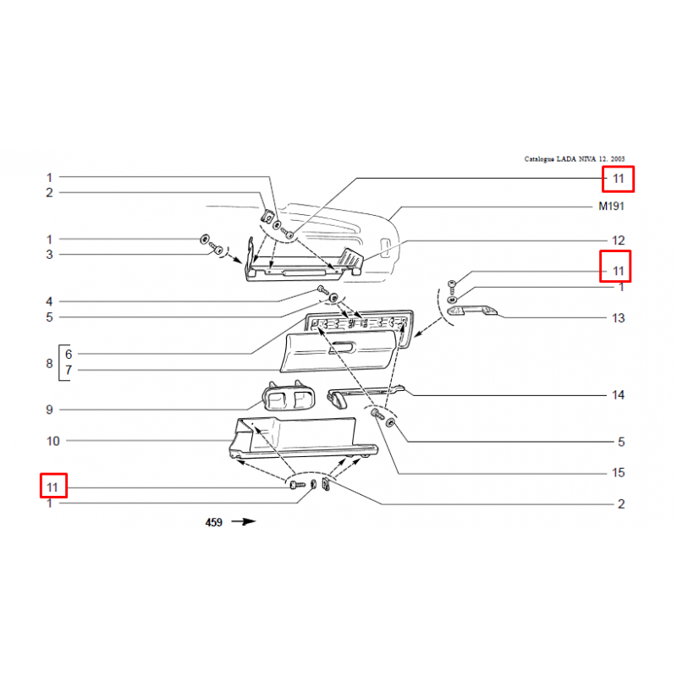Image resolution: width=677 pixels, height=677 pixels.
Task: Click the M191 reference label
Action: point(611,206)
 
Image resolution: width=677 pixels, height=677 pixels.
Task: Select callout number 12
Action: point(619,240)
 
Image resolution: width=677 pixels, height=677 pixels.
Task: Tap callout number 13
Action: point(619,318)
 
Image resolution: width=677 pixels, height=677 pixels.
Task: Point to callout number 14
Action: point(619,395)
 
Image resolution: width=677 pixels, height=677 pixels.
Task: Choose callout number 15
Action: point(619,473)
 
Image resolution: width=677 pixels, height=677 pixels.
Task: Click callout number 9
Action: point(50,410)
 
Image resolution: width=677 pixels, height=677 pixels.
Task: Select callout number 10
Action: point(52,441)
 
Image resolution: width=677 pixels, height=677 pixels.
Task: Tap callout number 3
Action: point(50,255)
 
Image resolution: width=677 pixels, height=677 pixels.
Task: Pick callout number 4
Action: point(50,301)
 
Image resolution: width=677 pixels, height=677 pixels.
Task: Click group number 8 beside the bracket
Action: point(50,364)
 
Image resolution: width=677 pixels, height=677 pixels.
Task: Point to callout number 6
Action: point(69,355)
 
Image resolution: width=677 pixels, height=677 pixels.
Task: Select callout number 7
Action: point(69,370)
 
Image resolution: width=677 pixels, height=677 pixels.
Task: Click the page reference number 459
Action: point(214,522)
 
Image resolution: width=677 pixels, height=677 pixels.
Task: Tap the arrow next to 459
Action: point(244,521)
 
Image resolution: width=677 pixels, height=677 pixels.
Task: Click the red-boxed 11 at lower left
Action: point(52,487)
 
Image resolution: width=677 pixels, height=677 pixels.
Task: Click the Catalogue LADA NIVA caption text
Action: point(575,159)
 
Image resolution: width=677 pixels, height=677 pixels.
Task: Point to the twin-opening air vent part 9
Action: point(289,396)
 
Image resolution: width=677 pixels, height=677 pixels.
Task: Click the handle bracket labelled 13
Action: point(472,310)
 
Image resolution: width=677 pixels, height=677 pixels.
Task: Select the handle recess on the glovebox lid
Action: point(342,347)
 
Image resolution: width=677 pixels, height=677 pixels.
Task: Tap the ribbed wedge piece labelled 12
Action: point(350,258)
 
